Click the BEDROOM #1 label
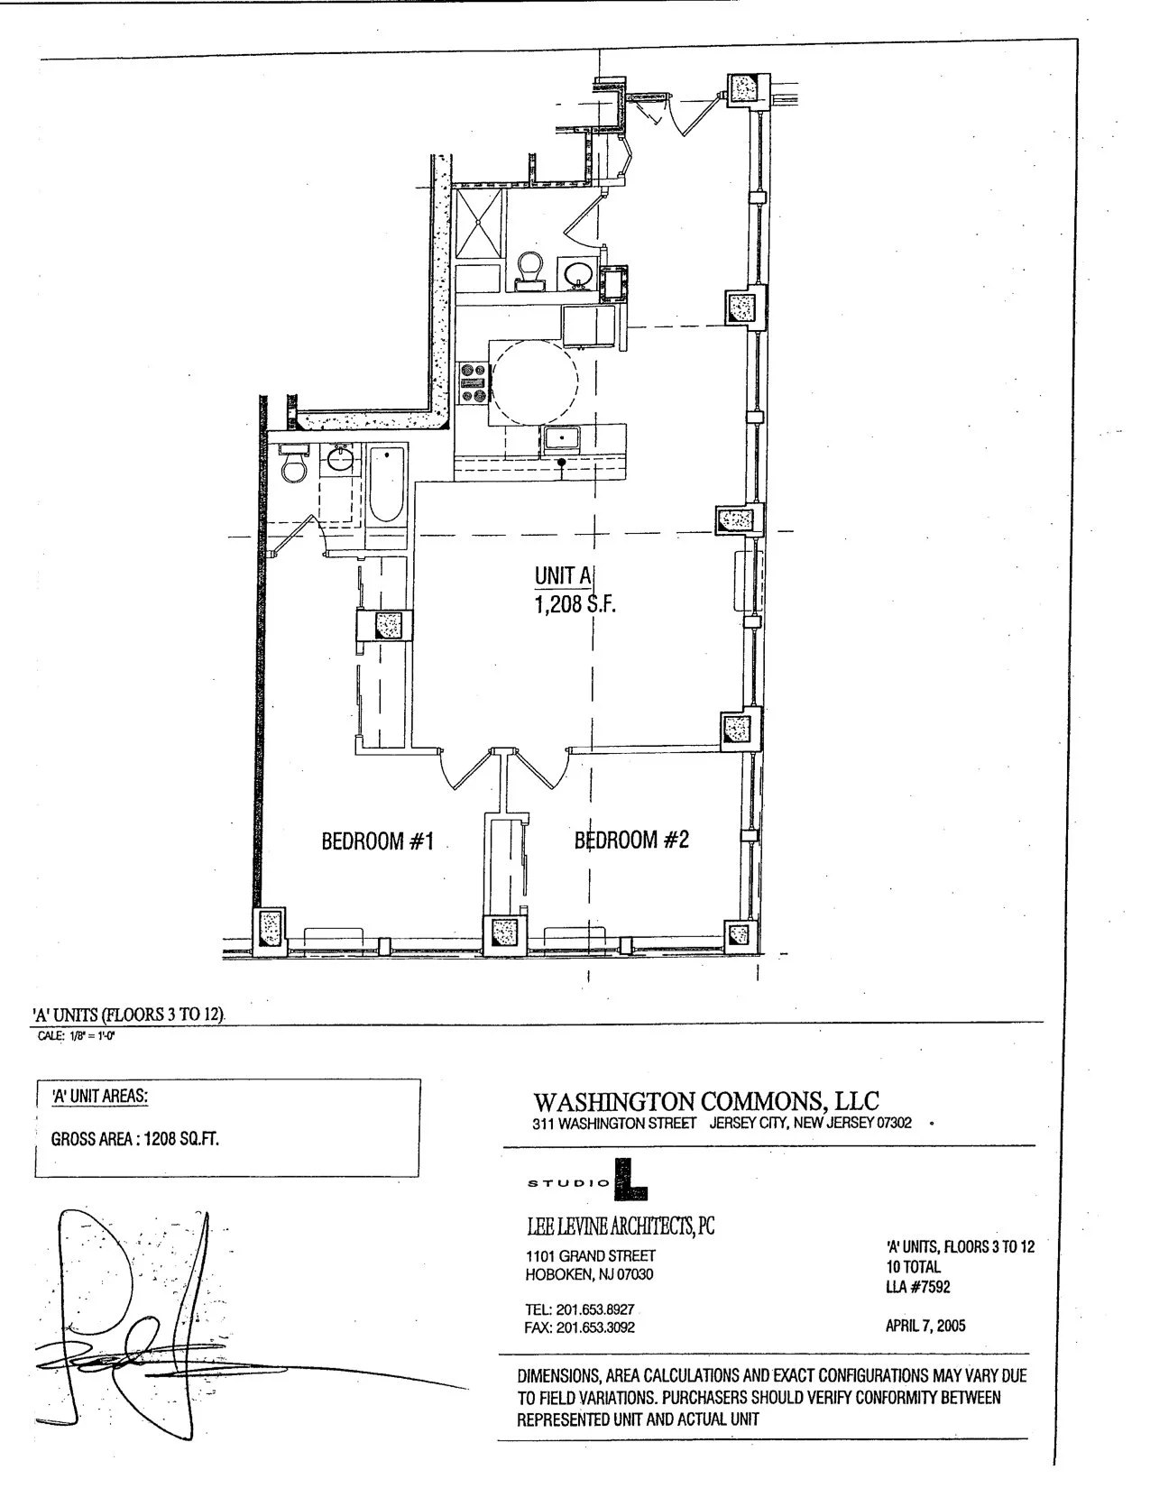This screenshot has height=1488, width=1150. pos(378,841)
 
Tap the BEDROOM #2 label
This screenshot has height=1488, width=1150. pos(631,840)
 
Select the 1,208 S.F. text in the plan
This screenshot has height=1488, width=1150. pos(575,605)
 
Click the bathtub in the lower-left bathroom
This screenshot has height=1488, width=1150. pos(387,484)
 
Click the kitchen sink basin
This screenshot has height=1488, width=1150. pos(562,440)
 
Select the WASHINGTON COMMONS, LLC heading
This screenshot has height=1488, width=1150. pos(705,1101)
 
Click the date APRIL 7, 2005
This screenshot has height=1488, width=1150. pos(926,1325)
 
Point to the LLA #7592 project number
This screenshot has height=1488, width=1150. pos(918,1286)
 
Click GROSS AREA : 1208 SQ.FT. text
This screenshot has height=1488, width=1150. pos(135,1138)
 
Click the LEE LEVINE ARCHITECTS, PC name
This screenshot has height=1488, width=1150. pos(620,1226)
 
